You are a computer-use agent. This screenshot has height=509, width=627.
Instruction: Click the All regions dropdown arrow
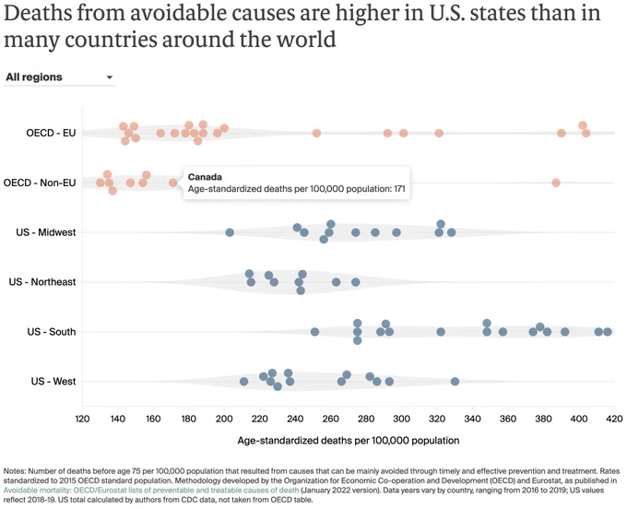110,77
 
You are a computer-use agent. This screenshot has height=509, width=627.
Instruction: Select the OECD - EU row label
51,133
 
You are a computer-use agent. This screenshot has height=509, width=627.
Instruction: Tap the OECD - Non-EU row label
40,183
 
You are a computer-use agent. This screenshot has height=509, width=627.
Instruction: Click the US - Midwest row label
45,232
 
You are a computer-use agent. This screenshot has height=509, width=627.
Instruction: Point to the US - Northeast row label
42,282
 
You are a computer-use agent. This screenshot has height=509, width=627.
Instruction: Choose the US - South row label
52,332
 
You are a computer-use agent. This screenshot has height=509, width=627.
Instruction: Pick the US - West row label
53,382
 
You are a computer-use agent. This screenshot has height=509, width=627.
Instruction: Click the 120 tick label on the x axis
82,419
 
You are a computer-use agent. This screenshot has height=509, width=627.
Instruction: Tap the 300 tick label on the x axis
401,419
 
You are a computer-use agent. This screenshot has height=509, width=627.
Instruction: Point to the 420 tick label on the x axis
615,419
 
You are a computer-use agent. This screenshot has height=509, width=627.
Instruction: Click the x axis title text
349,441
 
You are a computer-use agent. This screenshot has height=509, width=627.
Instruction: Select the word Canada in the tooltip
205,177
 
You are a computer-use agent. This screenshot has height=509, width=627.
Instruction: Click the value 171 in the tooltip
399,189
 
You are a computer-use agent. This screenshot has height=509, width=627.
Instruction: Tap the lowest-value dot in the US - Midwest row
230,232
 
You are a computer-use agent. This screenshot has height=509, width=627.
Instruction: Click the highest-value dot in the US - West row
455,382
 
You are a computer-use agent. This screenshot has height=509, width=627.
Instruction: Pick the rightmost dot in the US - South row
608,332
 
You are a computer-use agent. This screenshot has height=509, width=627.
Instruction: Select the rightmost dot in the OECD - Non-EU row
556,183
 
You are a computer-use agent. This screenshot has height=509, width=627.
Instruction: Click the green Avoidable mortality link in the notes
151,491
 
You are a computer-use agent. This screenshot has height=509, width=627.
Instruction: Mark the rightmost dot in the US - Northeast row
356,282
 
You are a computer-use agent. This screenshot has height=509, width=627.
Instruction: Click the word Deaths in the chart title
37,13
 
